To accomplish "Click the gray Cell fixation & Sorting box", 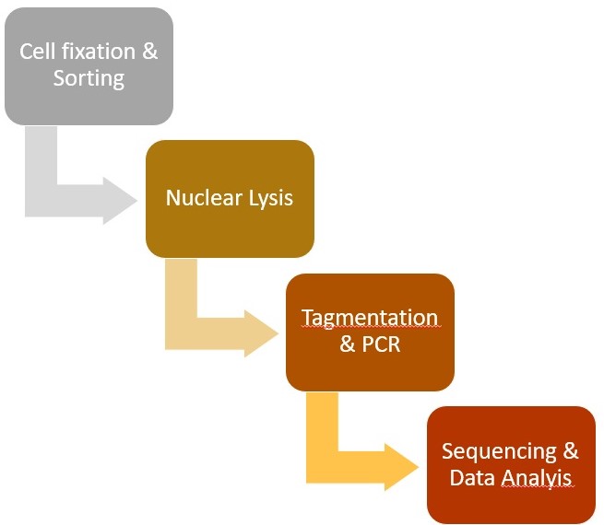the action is pyautogui.click(x=89, y=66).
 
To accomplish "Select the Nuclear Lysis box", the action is pyautogui.click(x=230, y=199).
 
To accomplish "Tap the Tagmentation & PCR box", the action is pyautogui.click(x=370, y=332).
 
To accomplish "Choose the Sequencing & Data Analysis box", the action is pyautogui.click(x=511, y=465).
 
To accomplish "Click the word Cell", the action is pyautogui.click(x=38, y=52).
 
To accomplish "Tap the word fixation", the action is pyautogui.click(x=99, y=52).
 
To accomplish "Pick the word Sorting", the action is pyautogui.click(x=89, y=79).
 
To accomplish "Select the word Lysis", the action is pyautogui.click(x=271, y=199).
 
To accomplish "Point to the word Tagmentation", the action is pyautogui.click(x=370, y=319).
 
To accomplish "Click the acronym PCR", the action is pyautogui.click(x=381, y=344).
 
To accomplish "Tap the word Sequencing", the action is pyautogui.click(x=499, y=452).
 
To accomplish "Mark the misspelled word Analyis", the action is pyautogui.click(x=536, y=478).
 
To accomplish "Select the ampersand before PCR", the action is pyautogui.click(x=348, y=344).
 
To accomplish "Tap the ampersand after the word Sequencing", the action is pyautogui.click(x=571, y=450).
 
